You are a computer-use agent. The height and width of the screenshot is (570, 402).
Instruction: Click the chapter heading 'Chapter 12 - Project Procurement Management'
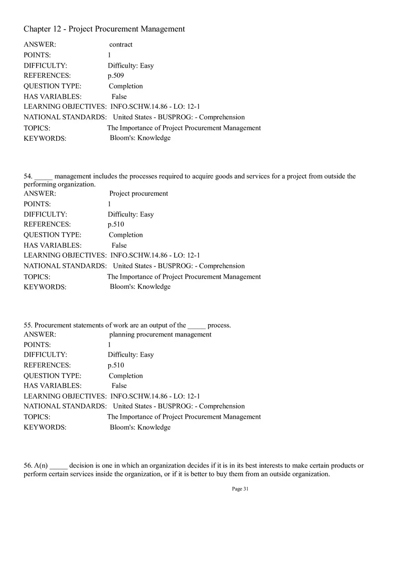point(104,29)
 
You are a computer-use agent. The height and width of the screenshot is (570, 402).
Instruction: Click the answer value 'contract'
point(121,45)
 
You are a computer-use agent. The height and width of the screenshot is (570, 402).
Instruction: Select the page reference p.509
point(116,75)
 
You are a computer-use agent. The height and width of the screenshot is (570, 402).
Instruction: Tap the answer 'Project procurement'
point(138,193)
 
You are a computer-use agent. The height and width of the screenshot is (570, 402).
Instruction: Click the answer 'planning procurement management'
point(160,335)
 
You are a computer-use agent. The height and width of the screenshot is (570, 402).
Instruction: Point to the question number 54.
point(28,176)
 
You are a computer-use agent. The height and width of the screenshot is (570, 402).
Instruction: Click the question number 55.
point(28,325)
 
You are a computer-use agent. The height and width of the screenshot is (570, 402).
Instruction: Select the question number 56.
point(28,466)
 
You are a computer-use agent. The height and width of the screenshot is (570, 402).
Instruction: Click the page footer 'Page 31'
point(240,489)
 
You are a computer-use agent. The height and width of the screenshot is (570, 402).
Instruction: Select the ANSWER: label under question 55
point(40,335)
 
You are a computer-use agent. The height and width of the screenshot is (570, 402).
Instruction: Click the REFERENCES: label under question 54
point(47,224)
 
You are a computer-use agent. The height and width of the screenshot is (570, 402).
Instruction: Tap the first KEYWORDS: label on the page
point(45,139)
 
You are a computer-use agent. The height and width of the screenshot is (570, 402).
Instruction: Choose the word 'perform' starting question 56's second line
point(35,474)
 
